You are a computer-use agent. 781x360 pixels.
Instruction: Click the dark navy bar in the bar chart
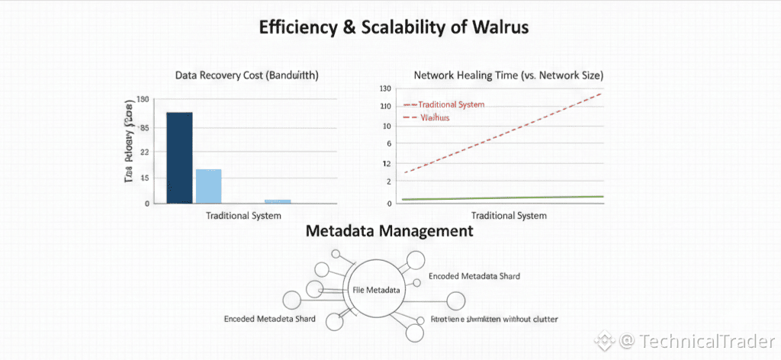(x=179, y=157)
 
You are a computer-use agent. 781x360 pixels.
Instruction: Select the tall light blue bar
(x=208, y=185)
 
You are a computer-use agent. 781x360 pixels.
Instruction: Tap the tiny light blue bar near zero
(x=278, y=201)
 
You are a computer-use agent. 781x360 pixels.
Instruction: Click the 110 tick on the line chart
(x=386, y=106)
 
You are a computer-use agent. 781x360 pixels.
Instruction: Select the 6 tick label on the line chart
(x=388, y=144)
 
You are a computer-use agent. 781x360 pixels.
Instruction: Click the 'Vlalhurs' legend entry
(x=435, y=118)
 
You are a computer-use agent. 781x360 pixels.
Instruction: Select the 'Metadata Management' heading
(x=389, y=230)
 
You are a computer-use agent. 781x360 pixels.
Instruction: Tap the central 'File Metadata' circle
(x=378, y=289)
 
